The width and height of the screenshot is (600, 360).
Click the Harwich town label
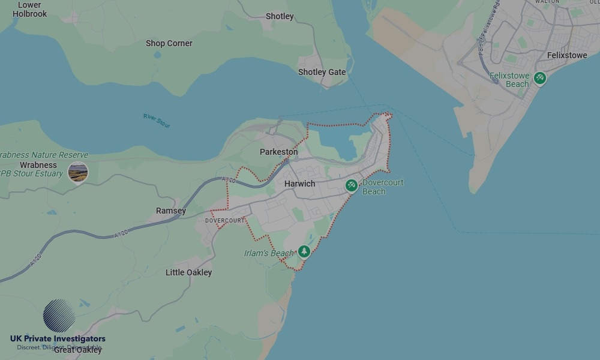(299, 184)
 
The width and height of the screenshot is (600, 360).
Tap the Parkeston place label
(278, 152)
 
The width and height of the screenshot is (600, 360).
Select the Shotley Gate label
(322, 72)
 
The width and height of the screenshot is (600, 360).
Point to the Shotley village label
(280, 16)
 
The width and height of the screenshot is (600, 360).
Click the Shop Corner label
(169, 43)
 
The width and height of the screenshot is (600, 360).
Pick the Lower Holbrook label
(29, 9)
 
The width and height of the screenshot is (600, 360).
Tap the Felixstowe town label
(567, 55)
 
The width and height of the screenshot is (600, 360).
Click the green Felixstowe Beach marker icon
(540, 78)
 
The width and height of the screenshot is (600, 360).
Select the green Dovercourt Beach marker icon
(352, 186)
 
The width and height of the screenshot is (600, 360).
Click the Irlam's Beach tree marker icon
(304, 251)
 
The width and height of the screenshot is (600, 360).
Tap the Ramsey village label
(171, 211)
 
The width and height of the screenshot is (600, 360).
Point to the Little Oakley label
(188, 272)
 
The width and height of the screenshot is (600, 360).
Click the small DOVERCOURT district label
(225, 221)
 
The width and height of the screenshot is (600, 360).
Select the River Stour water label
(157, 120)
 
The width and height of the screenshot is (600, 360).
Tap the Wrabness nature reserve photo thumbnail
(78, 172)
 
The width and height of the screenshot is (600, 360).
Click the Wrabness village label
(38, 165)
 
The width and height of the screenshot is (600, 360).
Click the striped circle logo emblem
(59, 316)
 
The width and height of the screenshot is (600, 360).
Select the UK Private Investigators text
(58, 339)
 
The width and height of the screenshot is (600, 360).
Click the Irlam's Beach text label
(269, 253)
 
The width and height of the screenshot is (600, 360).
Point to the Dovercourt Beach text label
(382, 187)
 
